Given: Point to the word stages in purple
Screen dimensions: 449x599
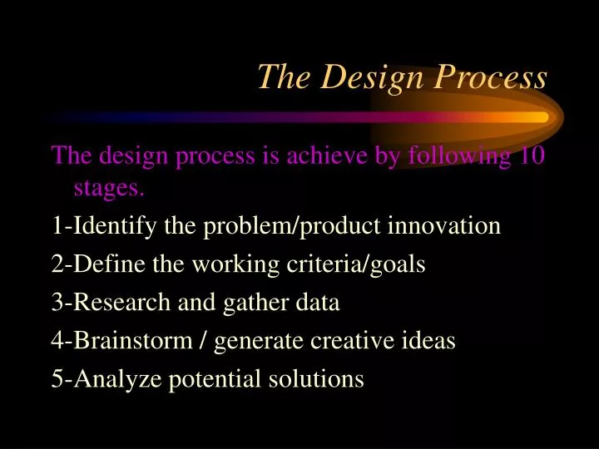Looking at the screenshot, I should pyautogui.click(x=109, y=189).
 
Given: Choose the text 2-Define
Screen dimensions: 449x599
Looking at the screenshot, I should pyautogui.click(x=87, y=264).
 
